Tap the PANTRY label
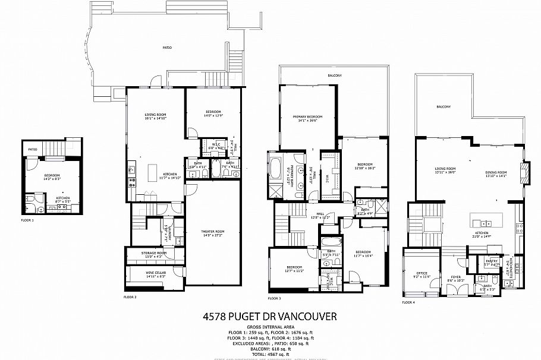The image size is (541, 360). click(491, 261)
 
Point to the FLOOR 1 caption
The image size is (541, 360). click(28, 220)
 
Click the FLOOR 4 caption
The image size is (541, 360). click(408, 302)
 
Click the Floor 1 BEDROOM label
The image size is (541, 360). click(52, 176)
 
